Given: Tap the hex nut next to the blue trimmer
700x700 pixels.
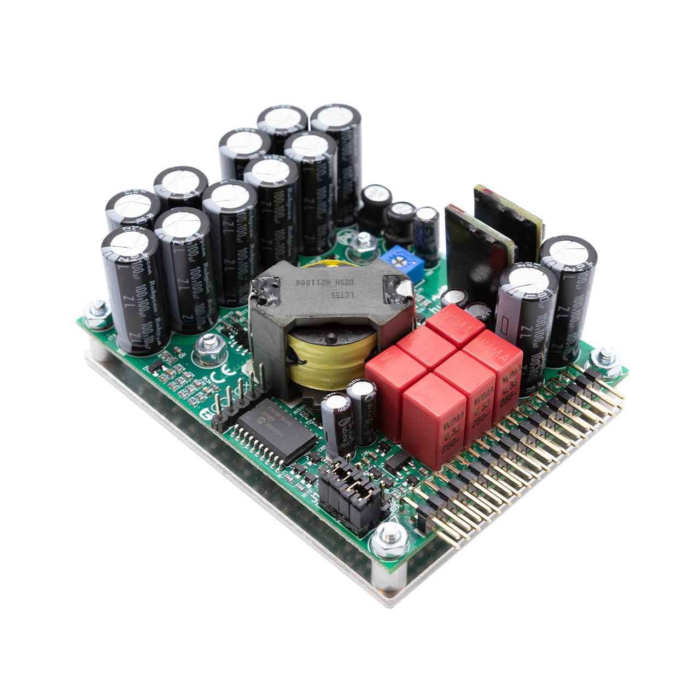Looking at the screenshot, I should pos(361,242).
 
